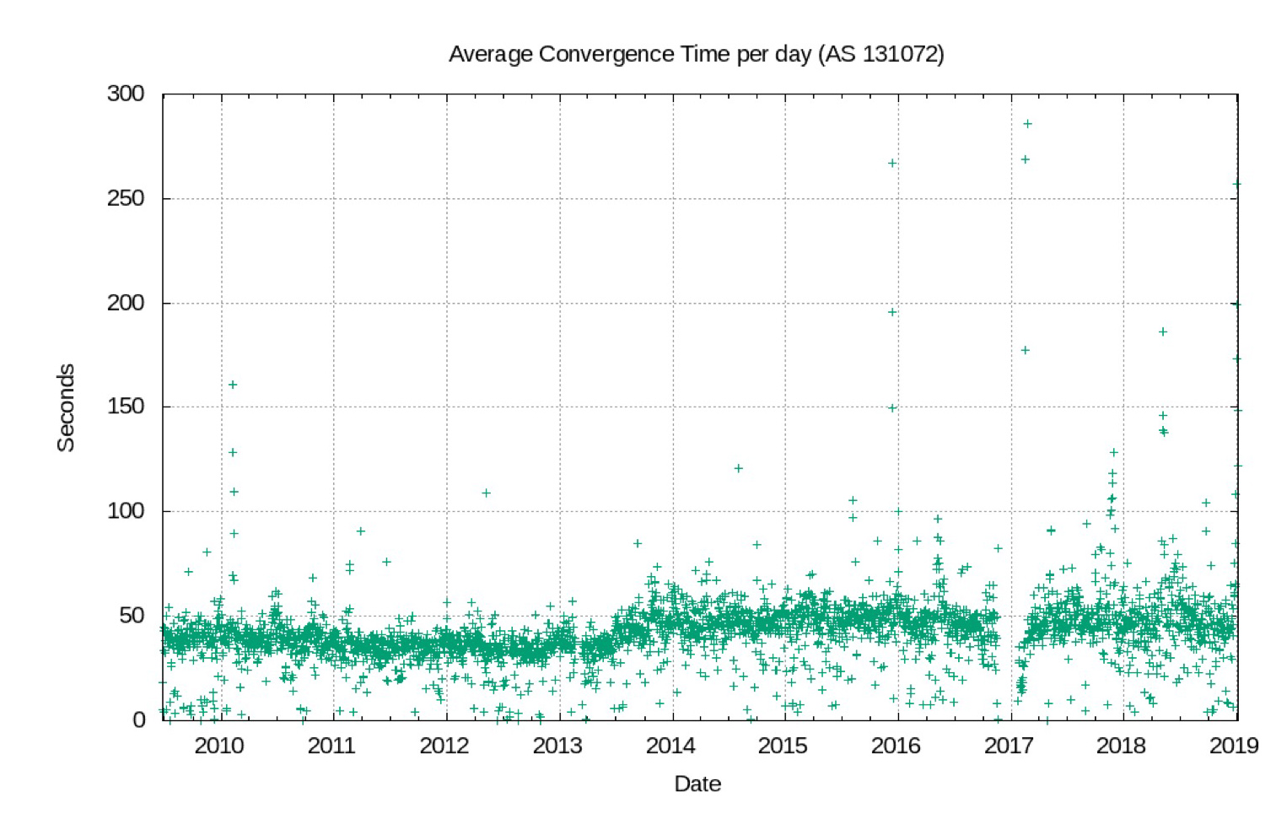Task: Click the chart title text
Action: point(696,54)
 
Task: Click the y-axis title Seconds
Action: point(66,407)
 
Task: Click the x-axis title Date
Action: point(697,784)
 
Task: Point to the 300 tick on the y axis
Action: point(126,94)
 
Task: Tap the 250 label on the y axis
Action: point(126,198)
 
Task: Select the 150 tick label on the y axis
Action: point(126,407)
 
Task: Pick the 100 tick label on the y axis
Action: point(126,511)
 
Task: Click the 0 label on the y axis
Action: point(138,719)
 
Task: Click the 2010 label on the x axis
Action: point(219,746)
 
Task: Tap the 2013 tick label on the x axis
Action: point(557,746)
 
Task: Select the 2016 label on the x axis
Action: point(896,746)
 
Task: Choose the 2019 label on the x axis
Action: point(1234,746)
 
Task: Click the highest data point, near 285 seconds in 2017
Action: point(1027,124)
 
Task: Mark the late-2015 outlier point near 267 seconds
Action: point(892,163)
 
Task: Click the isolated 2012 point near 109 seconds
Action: point(486,493)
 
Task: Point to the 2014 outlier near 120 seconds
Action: point(738,468)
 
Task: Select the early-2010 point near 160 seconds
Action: point(233,385)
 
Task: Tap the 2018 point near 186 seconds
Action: point(1163,331)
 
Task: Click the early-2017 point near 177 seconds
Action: point(1026,350)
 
